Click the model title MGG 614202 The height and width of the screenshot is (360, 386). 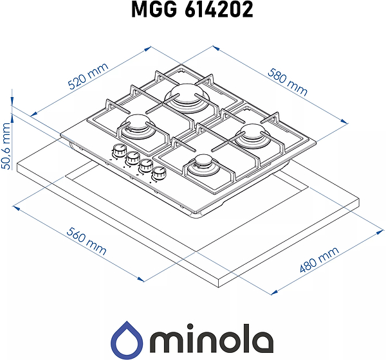click(x=193, y=11)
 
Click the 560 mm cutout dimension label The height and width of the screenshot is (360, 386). click(x=86, y=241)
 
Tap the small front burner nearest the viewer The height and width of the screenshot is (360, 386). click(x=202, y=166)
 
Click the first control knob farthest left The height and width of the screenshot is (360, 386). click(x=119, y=151)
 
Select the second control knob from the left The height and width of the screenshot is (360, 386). click(x=133, y=157)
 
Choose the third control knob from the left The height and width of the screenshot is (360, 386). click(x=146, y=165)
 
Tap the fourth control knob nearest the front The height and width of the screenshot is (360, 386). click(x=158, y=173)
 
